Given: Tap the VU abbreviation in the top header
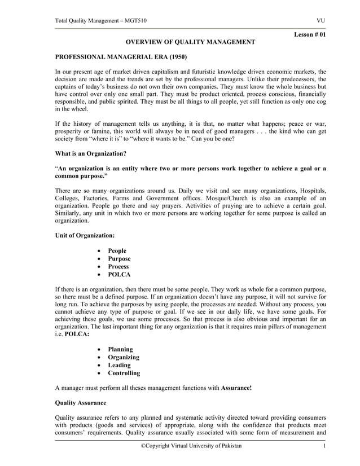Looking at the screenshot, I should pyautogui.click(x=321, y=21).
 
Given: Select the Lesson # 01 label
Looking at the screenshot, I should pyautogui.click(x=310, y=35).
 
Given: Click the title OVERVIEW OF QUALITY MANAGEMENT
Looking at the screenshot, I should pyautogui.click(x=190, y=42).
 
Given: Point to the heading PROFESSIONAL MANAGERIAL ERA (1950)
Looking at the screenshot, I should pyautogui.click(x=121, y=58).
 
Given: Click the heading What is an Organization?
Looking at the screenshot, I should pyautogui.click(x=90, y=153).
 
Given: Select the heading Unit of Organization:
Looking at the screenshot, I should pyautogui.click(x=85, y=235).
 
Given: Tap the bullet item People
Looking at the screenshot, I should pyautogui.click(x=117, y=250).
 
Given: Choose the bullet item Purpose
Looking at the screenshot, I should pyautogui.click(x=119, y=258).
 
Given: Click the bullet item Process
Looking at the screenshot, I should pyautogui.click(x=118, y=266).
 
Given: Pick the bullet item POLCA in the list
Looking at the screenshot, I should pyautogui.click(x=119, y=275).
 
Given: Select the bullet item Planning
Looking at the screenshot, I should pyautogui.click(x=121, y=349).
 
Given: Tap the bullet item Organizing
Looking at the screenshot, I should pyautogui.click(x=124, y=357).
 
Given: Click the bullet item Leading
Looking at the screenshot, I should pyautogui.click(x=119, y=365).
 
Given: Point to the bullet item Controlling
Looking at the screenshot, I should pyautogui.click(x=124, y=373).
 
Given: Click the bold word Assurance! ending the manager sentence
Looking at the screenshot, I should pyautogui.click(x=236, y=388).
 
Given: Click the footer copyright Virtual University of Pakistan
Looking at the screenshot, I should pyautogui.click(x=191, y=446).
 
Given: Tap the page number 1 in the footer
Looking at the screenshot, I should pyautogui.click(x=324, y=446).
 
